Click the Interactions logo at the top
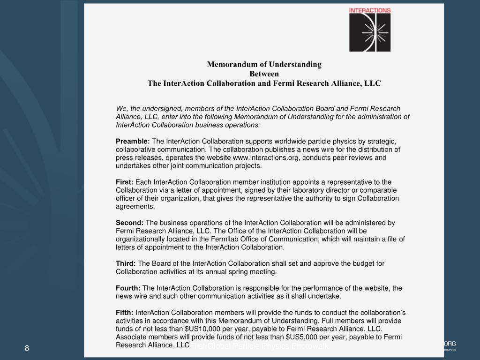370,30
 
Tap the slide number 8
27,348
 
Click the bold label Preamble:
133,142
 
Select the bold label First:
125,182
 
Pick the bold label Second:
130,223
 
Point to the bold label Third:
126,263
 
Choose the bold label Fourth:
128,288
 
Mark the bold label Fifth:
125,313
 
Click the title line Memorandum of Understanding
264,64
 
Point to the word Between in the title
264,74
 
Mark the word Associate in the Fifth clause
131,337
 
